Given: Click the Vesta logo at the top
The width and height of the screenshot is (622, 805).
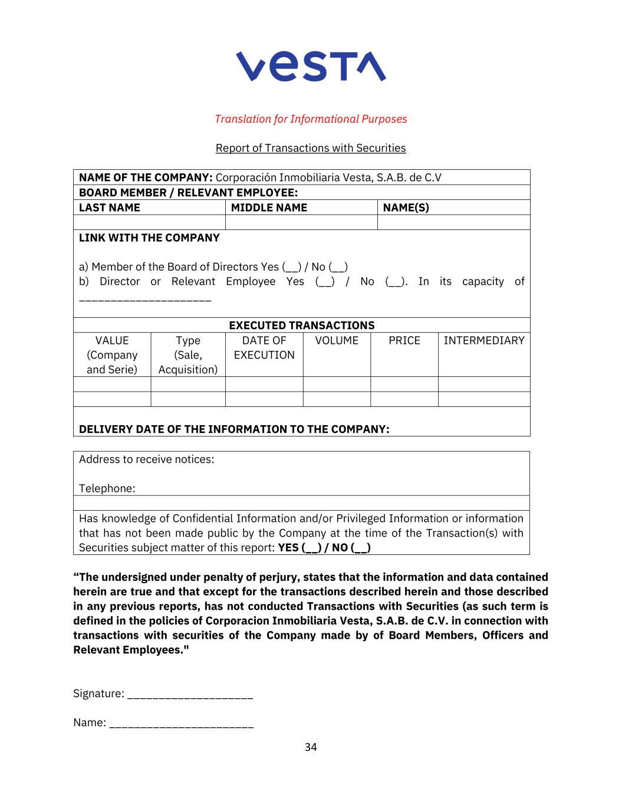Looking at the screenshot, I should pos(311,65).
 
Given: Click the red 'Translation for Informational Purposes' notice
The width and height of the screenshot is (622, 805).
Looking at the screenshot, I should pos(311,119).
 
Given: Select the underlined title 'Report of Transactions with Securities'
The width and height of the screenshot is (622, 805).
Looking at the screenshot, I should pos(311,148).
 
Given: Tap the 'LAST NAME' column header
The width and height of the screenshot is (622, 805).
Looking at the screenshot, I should pos(110,208).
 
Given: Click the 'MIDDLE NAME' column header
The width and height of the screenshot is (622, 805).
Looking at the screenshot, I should pos(269,208).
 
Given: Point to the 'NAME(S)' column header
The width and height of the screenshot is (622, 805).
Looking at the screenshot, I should pos(406,208).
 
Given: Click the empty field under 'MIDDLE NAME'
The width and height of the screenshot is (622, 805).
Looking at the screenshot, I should pos(301,222).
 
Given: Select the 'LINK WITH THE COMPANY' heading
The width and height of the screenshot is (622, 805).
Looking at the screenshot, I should pos(149,238).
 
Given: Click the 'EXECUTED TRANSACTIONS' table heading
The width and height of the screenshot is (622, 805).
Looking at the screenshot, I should pos(301,326).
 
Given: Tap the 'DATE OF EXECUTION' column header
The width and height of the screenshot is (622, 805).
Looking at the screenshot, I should pos(264,348).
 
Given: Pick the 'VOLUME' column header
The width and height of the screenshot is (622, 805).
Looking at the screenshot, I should pos(337,341).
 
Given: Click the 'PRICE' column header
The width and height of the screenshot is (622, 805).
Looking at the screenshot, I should pos(404,341).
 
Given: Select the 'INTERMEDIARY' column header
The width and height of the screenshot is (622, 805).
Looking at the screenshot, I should pos(483,341).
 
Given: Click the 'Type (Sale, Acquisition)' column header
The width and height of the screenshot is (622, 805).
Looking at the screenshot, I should pos(188,355).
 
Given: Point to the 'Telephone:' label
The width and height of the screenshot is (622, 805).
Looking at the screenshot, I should pos(107,488).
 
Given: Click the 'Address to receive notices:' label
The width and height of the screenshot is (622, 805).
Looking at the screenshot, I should pos(147,459).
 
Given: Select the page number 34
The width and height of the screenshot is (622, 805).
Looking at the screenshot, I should pos(311,747).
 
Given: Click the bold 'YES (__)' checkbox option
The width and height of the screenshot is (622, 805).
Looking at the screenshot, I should pos(300,548).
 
